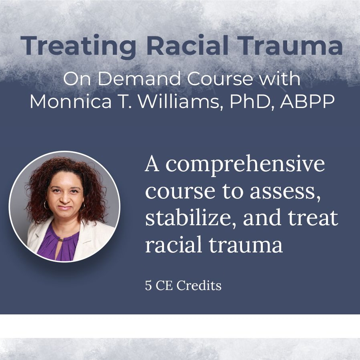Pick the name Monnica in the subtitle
[70, 101]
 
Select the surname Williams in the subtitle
[179, 102]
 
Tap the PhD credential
[252, 101]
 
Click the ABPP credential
[307, 101]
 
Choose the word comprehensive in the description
[245, 165]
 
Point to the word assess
[285, 192]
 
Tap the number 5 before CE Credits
[148, 286]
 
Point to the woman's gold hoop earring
[46, 205]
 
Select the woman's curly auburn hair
[66, 174]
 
